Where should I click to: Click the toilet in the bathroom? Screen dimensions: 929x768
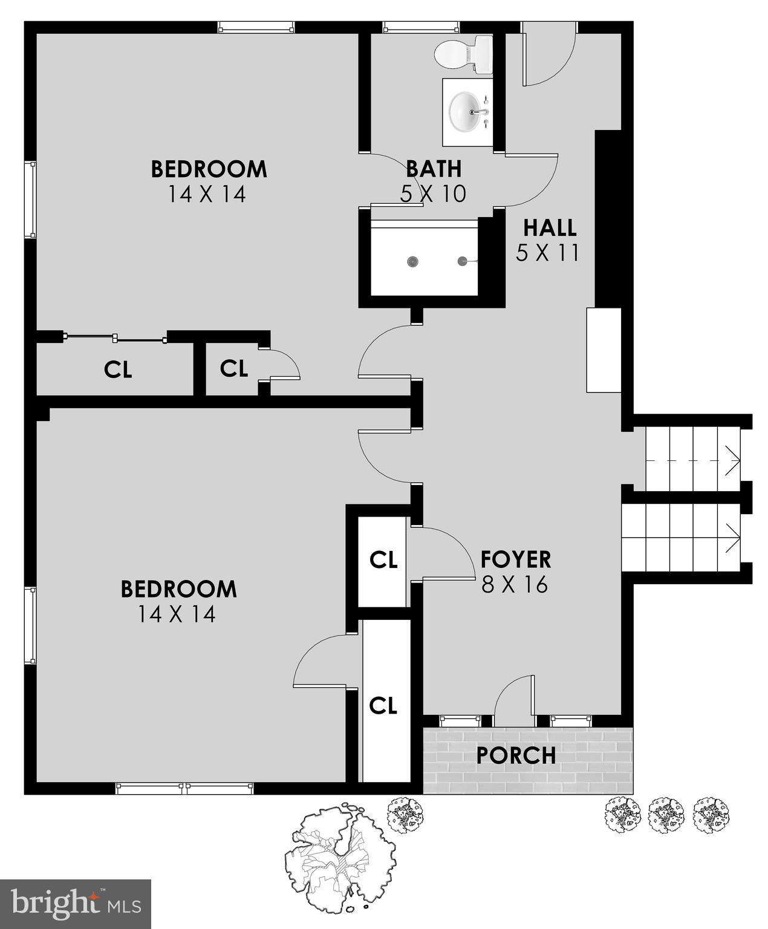point(463,53)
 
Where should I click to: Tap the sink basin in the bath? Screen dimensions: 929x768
point(469,111)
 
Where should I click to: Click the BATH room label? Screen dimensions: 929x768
point(433,169)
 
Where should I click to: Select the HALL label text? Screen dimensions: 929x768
point(549,228)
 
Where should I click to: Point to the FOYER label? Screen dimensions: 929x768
point(515,559)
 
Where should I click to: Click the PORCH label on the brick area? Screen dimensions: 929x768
point(516,755)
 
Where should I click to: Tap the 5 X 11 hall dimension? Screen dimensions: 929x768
point(548,253)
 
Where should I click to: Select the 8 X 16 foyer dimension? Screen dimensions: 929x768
point(515,585)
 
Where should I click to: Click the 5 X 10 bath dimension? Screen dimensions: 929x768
point(433,194)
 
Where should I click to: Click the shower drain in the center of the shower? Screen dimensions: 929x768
point(412,261)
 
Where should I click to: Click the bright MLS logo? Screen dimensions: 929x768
point(76,904)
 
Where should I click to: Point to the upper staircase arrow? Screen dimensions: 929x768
point(734,461)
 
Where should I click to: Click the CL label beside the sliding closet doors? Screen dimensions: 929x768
point(118,370)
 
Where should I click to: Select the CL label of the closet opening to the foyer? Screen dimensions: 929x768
point(383,559)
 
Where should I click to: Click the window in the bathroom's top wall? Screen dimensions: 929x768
point(421,27)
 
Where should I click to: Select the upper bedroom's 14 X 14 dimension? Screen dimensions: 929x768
point(207,194)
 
